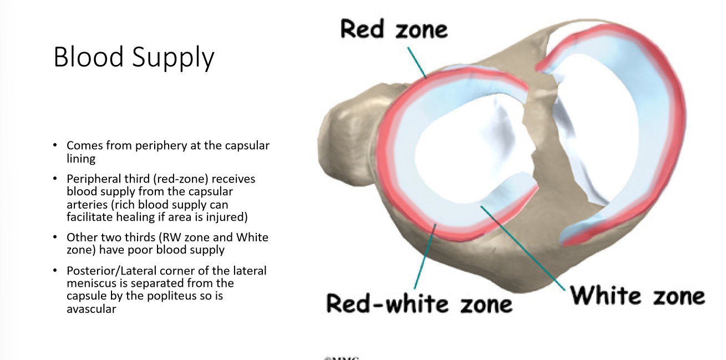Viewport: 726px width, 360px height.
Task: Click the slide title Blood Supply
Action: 134,57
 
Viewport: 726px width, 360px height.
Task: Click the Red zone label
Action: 394,28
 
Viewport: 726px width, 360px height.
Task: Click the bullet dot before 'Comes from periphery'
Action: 55,145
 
